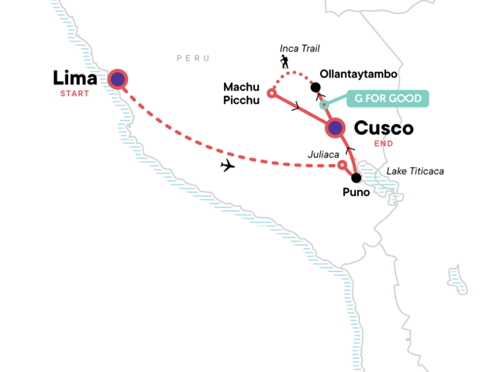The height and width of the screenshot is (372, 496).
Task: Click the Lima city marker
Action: (x=118, y=78)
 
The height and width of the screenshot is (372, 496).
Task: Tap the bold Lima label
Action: (x=75, y=78)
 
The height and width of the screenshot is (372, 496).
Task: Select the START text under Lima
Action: (x=74, y=94)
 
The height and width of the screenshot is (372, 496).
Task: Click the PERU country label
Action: (x=193, y=58)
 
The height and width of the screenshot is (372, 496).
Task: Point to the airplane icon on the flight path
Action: (x=228, y=166)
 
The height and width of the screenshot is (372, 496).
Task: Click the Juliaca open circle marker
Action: (x=342, y=164)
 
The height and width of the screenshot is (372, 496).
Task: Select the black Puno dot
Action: (x=356, y=177)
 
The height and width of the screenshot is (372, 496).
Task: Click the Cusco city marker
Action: (x=335, y=128)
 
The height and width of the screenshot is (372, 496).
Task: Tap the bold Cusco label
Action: (x=384, y=128)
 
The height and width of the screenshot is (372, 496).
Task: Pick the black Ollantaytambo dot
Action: (x=315, y=86)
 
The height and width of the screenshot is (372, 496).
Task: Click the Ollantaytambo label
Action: (x=359, y=74)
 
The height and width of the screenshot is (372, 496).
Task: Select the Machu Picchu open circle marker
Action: (x=271, y=93)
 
